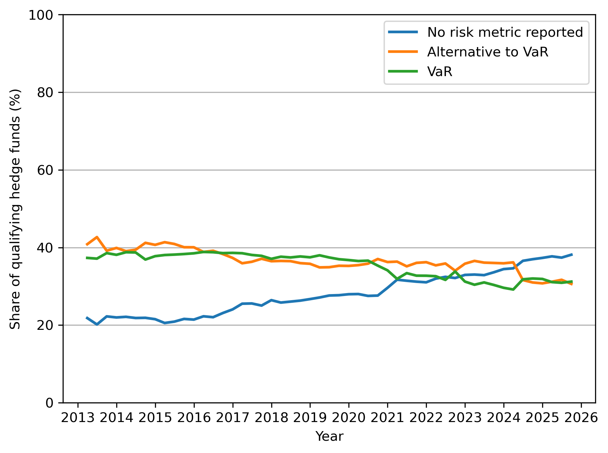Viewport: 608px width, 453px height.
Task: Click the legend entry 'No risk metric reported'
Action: tap(505, 32)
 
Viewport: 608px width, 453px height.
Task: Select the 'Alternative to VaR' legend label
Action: tap(488, 52)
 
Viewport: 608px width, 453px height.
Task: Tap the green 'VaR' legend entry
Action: tap(439, 72)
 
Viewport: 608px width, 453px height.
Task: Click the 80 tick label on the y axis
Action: tap(45, 93)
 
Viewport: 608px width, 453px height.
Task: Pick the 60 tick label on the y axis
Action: tap(45, 170)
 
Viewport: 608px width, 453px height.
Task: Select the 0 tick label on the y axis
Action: tap(49, 403)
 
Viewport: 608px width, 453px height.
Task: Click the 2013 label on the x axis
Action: tap(78, 418)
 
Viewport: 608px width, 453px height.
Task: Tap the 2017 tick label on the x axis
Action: tap(232, 418)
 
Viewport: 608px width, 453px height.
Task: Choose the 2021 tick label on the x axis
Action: tap(387, 418)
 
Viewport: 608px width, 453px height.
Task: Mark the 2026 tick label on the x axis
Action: tap(581, 418)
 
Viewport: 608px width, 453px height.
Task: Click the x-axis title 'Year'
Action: tap(329, 437)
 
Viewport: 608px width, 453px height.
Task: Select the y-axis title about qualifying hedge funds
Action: tap(15, 209)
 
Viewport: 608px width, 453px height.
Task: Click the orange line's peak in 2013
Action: tap(97, 237)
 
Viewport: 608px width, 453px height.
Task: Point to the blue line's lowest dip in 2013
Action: tap(97, 324)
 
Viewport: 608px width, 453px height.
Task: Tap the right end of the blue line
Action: tap(572, 254)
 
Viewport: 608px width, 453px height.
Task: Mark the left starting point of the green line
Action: tap(87, 258)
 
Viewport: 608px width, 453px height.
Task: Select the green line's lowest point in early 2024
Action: tap(513, 290)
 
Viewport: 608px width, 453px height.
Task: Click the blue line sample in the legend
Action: tap(403, 32)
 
